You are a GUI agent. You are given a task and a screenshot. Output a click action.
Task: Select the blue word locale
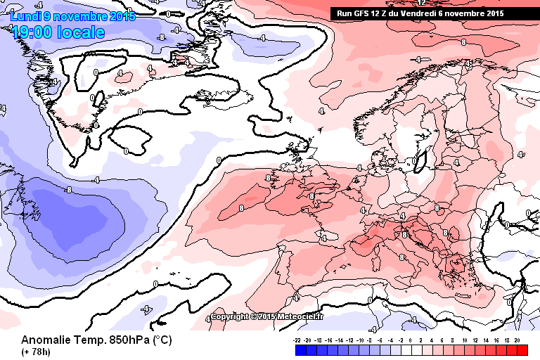point(84,32)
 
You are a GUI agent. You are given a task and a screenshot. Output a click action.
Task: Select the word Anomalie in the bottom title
point(47,340)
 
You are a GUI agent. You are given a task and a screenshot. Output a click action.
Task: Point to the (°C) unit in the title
point(162,340)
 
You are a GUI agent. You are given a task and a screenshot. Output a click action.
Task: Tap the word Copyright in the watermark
point(230,316)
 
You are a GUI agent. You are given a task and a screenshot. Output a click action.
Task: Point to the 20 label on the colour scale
point(517,340)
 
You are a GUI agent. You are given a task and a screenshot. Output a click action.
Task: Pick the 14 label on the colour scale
point(486,340)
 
